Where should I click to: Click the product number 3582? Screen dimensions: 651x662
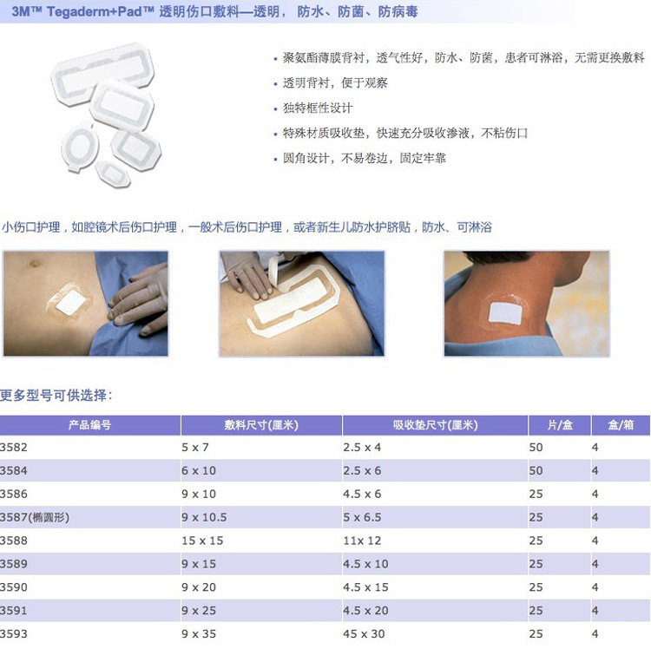point(14,447)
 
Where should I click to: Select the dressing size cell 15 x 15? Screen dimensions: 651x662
point(202,541)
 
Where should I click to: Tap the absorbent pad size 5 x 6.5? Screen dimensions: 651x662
point(362,517)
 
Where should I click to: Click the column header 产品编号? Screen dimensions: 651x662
point(89,425)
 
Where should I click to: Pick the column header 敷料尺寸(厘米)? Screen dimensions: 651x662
point(261,425)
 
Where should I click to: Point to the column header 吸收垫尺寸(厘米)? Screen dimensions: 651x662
point(435,425)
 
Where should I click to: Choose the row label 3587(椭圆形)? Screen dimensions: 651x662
point(35,517)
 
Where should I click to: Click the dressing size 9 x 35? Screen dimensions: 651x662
point(199,633)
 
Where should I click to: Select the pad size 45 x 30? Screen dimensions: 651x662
point(364,633)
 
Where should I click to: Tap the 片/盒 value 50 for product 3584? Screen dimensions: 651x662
point(536,470)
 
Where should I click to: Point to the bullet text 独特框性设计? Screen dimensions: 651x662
point(318,108)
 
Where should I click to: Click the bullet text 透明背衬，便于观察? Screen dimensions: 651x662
point(335,82)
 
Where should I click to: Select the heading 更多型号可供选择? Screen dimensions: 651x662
point(53,396)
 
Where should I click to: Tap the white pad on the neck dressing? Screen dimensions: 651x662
point(505,313)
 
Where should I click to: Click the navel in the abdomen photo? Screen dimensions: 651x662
point(35,264)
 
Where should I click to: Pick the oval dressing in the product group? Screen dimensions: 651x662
point(80,146)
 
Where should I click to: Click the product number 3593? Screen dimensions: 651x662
point(14,633)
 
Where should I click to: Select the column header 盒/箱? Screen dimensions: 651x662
point(621,425)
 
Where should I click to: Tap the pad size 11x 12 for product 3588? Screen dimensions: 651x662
point(362,541)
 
